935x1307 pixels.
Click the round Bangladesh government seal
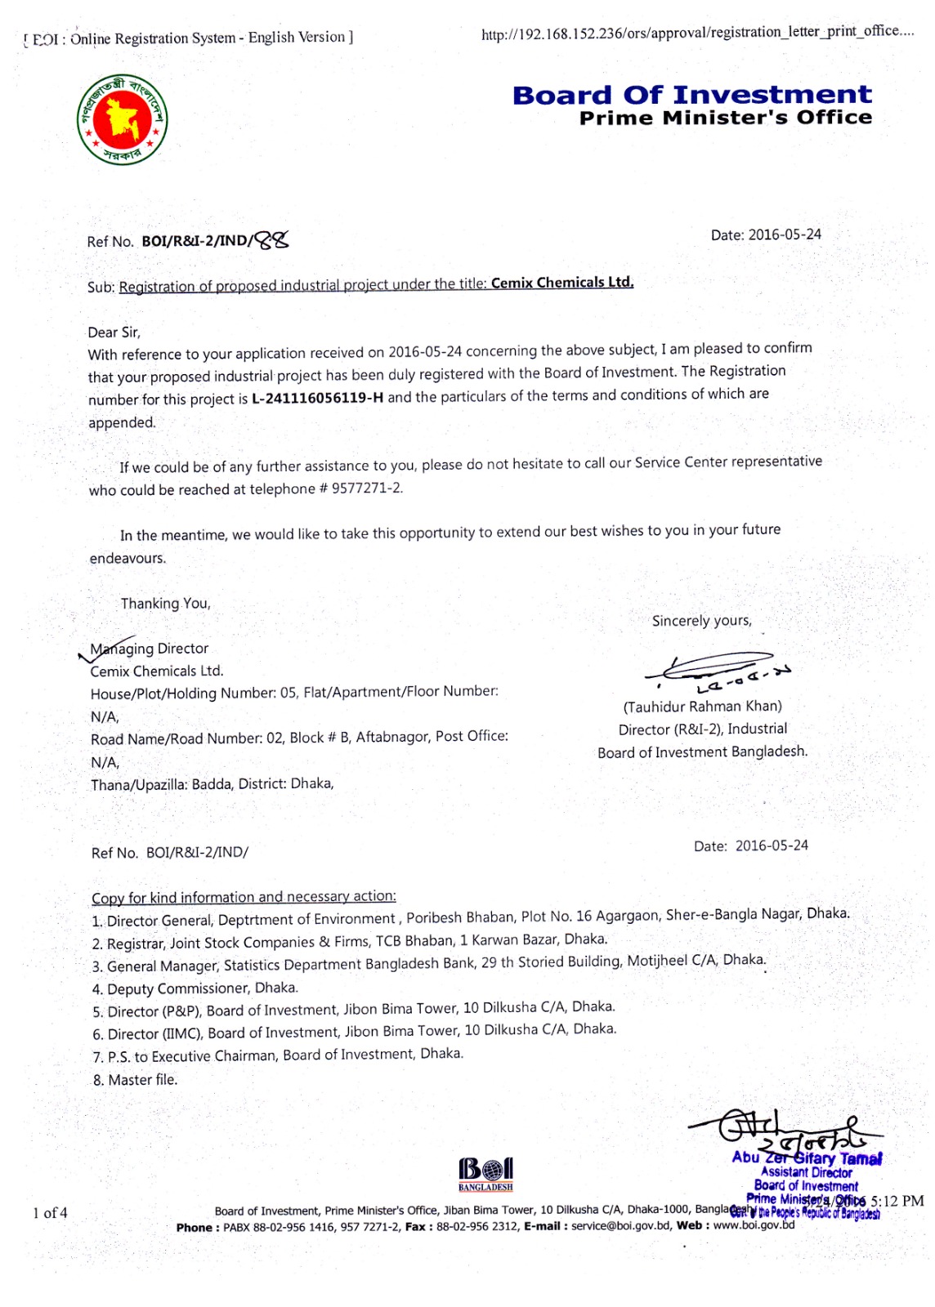point(123,119)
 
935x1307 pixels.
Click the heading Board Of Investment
point(691,95)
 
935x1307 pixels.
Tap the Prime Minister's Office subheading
point(725,118)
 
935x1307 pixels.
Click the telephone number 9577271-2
point(367,488)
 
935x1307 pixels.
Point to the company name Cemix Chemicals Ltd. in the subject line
point(561,283)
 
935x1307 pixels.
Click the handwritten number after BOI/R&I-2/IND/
point(271,239)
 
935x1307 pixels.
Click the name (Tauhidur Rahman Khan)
point(702,707)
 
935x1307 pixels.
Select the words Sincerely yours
point(701,621)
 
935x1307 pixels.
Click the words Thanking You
point(166,604)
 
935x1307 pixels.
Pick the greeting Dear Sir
point(114,332)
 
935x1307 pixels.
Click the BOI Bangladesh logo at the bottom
point(485,1174)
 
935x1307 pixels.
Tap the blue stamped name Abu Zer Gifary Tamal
point(806,1158)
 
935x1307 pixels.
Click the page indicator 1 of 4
point(50,1212)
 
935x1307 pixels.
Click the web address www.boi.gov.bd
point(754,1225)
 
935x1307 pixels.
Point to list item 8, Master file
point(135,1080)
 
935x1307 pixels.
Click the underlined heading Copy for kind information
point(244,897)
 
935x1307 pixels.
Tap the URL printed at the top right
point(697,32)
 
